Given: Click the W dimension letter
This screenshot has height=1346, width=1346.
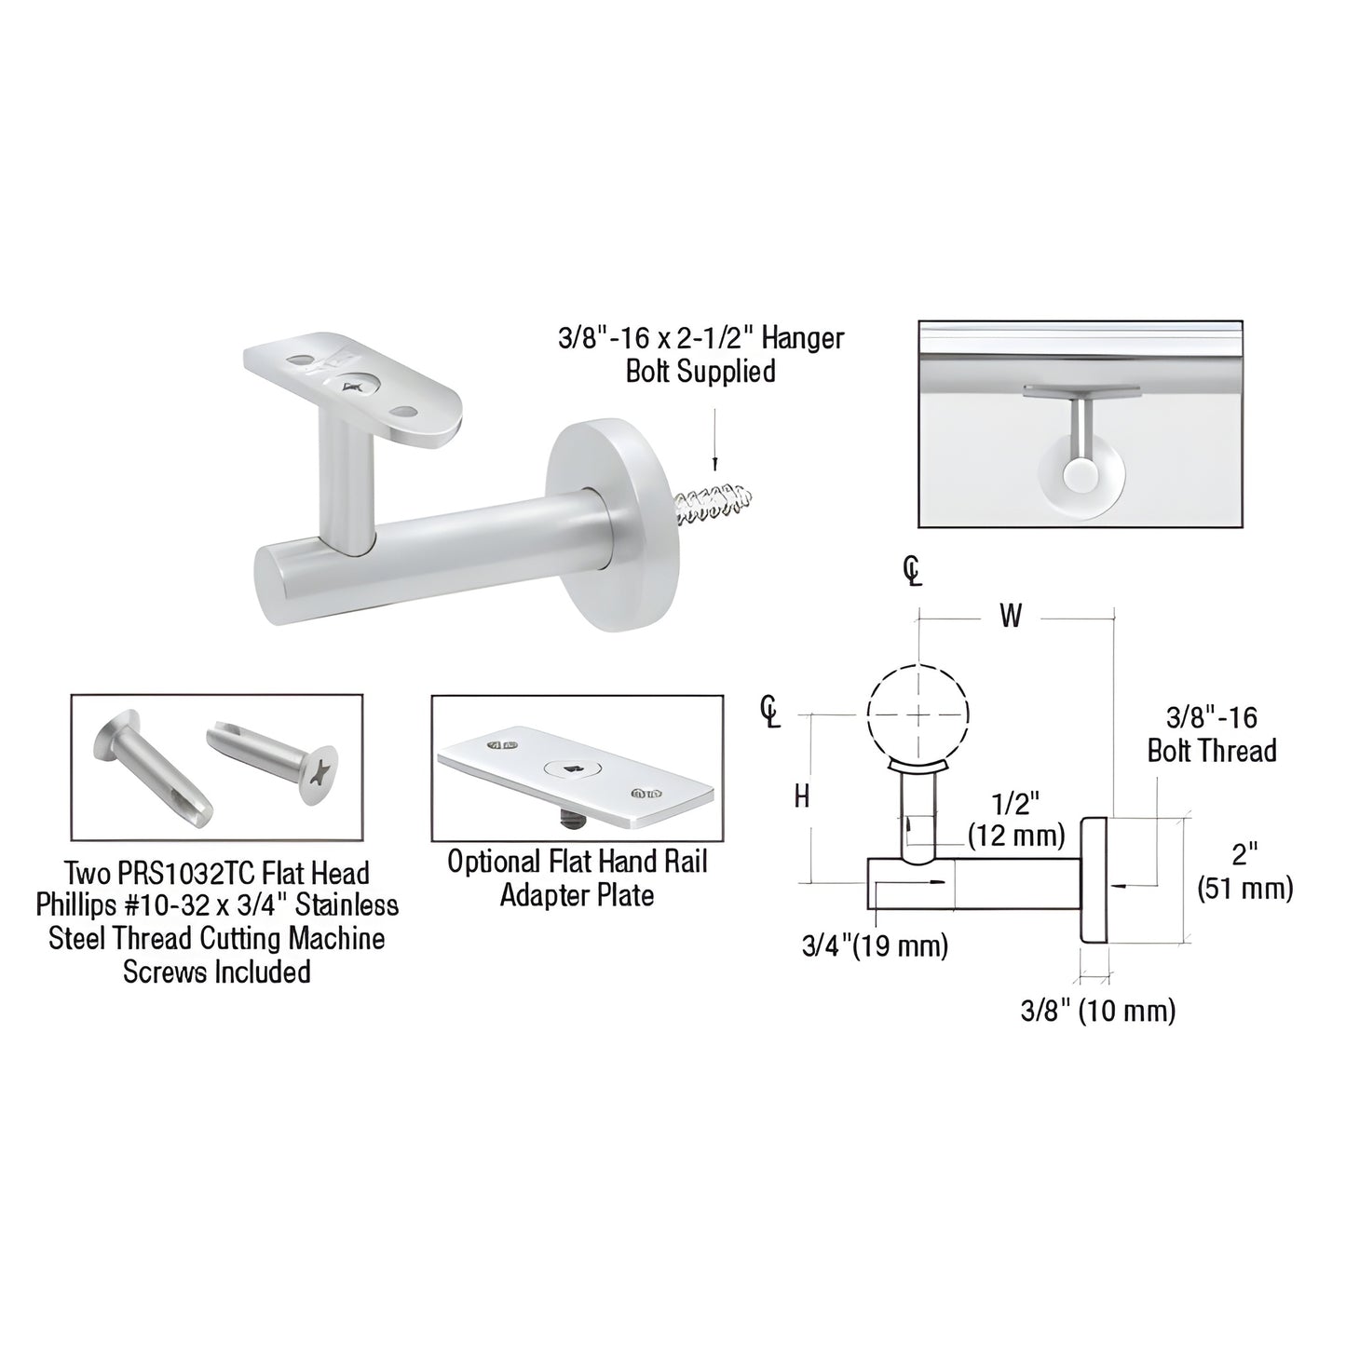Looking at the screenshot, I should tap(1011, 616).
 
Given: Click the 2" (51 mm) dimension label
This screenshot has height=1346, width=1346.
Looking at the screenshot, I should tap(1244, 871).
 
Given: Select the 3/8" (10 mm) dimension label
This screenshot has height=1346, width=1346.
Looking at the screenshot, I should tap(1097, 1011).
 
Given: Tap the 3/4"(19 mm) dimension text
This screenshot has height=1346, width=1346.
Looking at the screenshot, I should tap(875, 946).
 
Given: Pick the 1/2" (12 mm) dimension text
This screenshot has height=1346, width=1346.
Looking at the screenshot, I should tap(1015, 819).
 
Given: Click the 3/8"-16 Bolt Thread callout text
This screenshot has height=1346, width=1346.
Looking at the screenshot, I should tap(1211, 734).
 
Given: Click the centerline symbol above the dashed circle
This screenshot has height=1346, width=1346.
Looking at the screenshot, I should tap(913, 570).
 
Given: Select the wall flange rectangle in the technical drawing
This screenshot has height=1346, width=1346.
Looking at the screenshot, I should tap(1093, 879).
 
